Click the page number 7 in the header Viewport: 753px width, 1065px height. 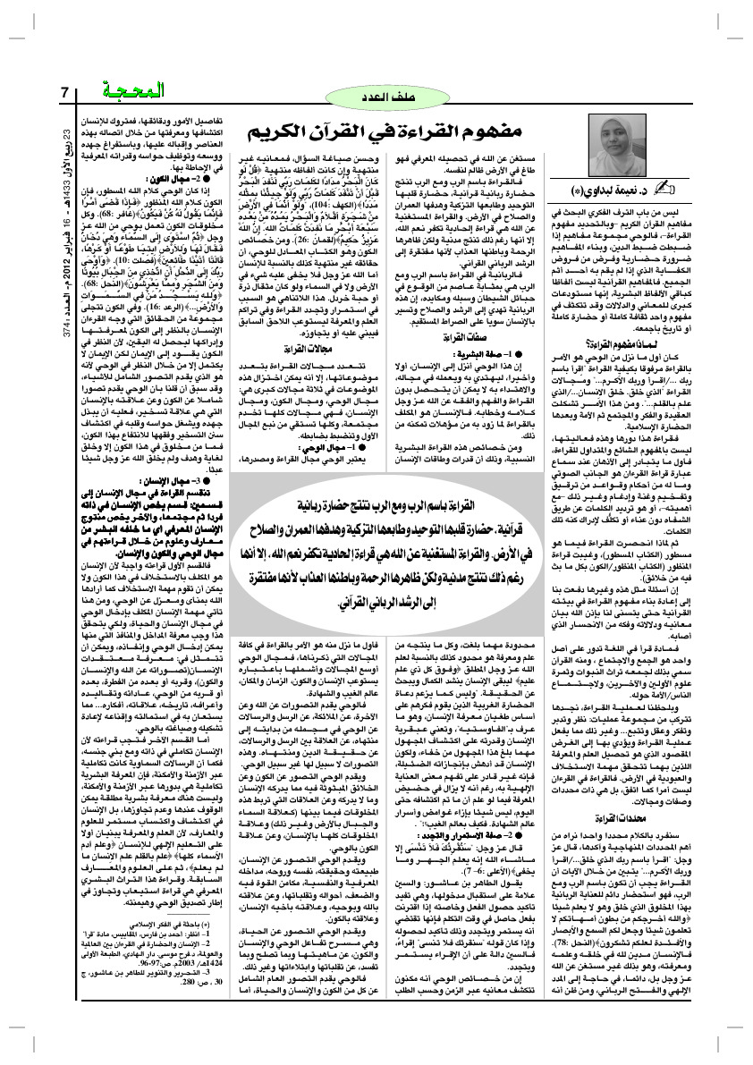[x=64, y=92]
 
